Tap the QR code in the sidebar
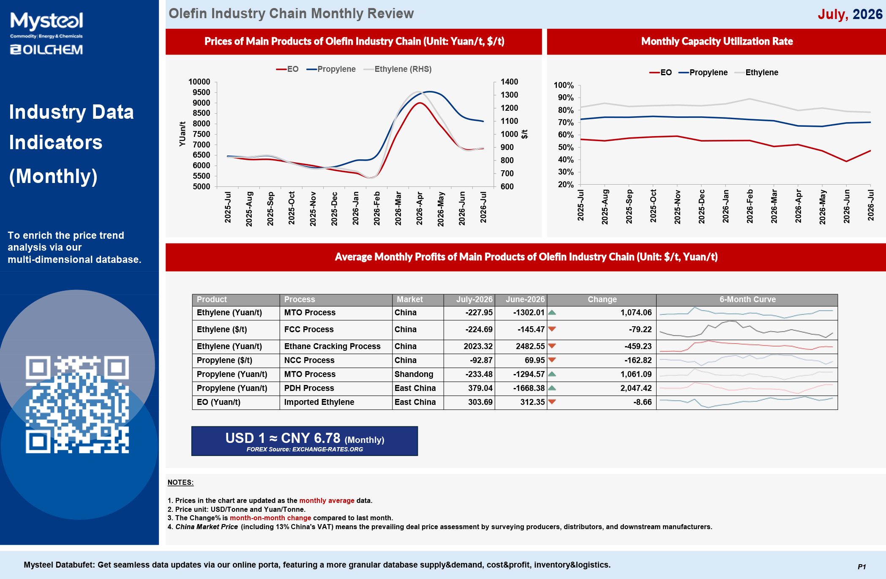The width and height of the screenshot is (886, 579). [77, 404]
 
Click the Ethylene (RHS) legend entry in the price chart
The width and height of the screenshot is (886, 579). [398, 69]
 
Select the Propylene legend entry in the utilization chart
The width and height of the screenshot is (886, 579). [703, 72]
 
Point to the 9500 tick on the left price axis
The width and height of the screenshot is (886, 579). [201, 92]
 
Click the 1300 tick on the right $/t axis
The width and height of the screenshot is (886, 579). [509, 95]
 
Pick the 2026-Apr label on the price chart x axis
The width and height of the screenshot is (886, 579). [419, 208]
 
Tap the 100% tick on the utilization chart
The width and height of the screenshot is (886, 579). [564, 85]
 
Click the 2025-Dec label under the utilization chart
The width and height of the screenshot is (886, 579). [701, 207]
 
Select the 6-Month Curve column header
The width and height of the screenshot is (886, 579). [747, 299]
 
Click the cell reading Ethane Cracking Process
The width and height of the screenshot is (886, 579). [332, 346]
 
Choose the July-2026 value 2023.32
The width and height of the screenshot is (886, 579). [478, 346]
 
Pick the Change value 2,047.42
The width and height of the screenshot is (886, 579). [636, 388]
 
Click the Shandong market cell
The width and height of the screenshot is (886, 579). [414, 374]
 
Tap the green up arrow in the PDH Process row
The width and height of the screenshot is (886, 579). [552, 388]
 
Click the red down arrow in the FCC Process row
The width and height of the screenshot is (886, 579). [552, 329]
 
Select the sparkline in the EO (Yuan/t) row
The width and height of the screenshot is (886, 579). [747, 402]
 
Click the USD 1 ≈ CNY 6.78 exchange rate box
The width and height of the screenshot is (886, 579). [305, 441]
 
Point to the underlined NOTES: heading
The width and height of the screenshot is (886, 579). [180, 482]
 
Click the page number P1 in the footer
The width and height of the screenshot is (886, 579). [861, 567]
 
